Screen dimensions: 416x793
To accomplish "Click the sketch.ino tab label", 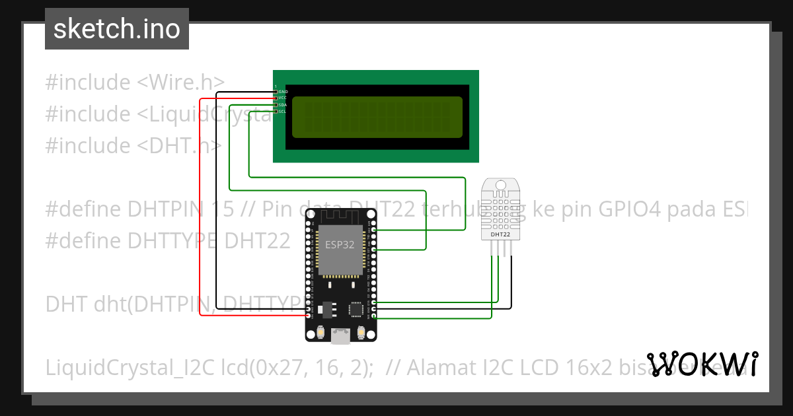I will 116,29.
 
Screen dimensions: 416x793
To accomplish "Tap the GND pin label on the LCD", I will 283,91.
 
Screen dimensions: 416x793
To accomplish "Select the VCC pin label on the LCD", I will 283,98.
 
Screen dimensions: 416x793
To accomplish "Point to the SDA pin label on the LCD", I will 283,105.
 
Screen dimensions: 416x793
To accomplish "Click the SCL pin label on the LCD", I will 283,112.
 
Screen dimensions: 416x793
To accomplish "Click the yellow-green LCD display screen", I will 377,118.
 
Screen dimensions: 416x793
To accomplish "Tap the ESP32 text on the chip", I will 340,244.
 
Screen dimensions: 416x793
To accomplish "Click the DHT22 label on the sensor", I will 500,234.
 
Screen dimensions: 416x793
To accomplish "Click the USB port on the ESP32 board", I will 341,337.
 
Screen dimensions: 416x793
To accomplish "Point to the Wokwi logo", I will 702,364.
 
